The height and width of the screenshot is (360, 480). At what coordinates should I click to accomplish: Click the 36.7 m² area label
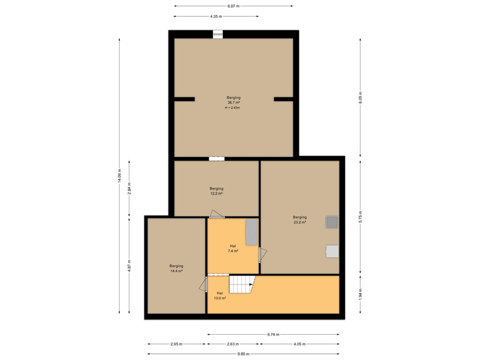coord(233,103)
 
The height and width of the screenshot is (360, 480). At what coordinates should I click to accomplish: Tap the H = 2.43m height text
coord(232,108)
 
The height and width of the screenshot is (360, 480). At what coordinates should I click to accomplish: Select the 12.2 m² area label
coord(216,194)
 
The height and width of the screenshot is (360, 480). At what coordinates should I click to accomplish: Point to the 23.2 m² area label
coord(300,222)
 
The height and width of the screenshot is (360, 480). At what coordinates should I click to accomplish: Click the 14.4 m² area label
coord(176,271)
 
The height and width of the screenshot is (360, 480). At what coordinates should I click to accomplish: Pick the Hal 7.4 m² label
coord(233,248)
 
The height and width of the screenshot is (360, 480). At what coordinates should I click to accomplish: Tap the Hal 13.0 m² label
coord(220,295)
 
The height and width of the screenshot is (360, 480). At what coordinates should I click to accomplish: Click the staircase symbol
coord(242,285)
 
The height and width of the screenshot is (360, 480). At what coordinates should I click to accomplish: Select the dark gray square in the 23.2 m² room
coord(332,222)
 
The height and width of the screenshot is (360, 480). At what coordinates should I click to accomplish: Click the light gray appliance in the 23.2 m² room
coord(332,251)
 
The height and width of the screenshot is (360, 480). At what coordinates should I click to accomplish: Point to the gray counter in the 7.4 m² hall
coord(252,232)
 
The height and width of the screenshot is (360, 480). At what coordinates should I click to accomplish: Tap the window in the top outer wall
coord(217,34)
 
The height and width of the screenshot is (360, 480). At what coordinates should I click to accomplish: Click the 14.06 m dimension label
coord(120,176)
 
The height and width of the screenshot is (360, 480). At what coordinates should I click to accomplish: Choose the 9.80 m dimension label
coord(243,354)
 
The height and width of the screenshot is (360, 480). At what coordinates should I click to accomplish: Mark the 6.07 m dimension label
coord(233,6)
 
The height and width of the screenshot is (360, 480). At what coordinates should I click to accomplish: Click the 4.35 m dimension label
coord(216,16)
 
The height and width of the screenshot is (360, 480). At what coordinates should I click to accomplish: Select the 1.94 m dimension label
coord(360,294)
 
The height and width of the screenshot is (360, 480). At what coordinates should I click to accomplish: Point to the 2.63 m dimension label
coord(232,344)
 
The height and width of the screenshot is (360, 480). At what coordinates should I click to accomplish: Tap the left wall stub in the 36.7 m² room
coord(184,99)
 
